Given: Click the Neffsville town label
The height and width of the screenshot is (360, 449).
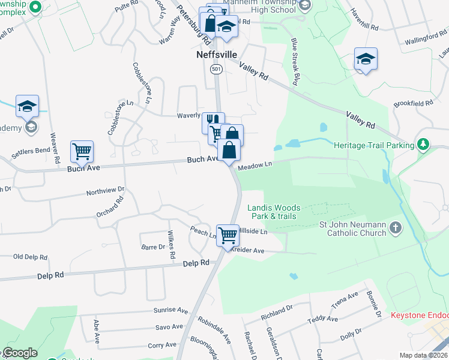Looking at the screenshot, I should [217, 54].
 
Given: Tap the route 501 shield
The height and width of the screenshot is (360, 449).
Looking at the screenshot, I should [216, 70].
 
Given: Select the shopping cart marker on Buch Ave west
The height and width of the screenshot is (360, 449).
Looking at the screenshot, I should [82, 152].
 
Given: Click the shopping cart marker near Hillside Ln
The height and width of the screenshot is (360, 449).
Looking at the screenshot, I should [228, 235].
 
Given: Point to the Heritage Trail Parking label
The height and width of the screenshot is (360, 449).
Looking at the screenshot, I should [374, 145].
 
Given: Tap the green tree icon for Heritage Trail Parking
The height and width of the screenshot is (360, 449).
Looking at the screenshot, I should [423, 144].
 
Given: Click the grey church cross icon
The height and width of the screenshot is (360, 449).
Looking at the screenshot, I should [395, 227].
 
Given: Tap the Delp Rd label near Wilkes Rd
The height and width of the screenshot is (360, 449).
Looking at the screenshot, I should [196, 263].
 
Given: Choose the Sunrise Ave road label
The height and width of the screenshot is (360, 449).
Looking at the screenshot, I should [171, 310].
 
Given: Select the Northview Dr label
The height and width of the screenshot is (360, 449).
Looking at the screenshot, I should [105, 191].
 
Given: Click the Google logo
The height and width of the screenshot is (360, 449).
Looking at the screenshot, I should [19, 353].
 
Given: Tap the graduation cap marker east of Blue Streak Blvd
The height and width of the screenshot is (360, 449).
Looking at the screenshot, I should [365, 59].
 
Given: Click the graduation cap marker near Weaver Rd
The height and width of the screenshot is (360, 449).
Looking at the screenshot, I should [27, 106].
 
